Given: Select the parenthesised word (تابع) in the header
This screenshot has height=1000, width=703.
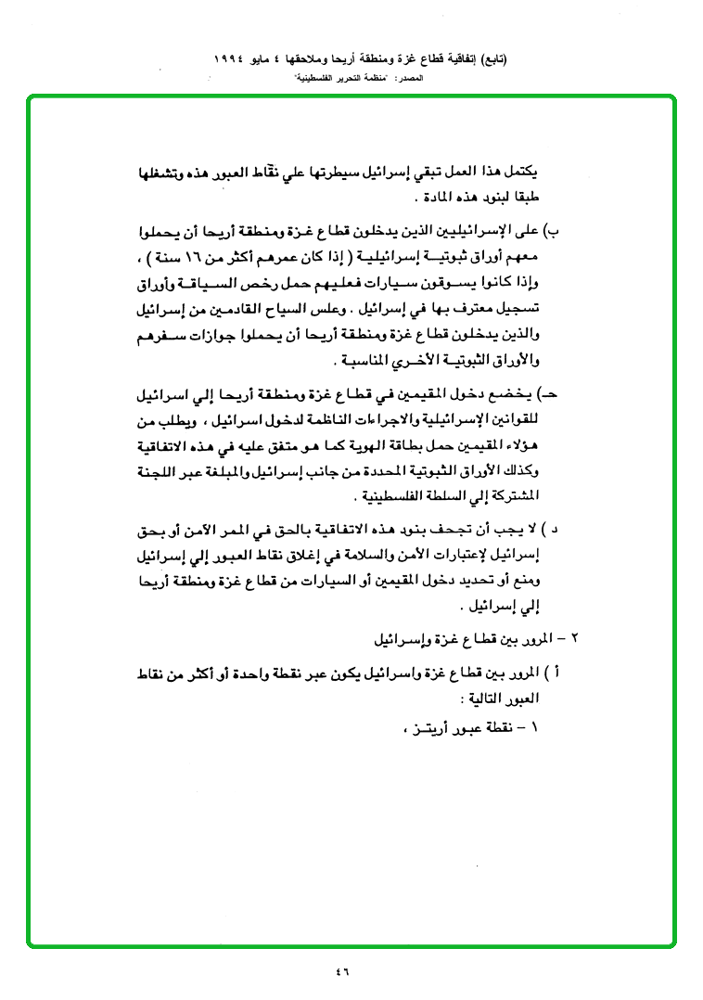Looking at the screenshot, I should (x=496, y=58).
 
